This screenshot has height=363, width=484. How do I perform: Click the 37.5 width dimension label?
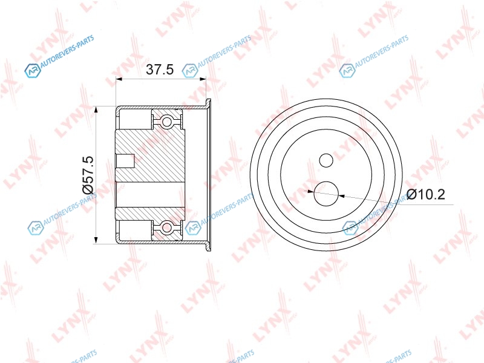pos(160,70)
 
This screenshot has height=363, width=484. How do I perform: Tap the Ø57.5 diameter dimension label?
pos(88,175)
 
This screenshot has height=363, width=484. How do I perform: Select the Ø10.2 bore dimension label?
pos(426,194)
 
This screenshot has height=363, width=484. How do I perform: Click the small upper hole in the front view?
pos(326,160)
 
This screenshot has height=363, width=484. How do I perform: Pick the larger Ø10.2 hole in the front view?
pos(326,194)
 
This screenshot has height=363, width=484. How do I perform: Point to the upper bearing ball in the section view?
pos(166,122)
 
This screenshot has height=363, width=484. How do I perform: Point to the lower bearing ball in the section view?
pos(166,228)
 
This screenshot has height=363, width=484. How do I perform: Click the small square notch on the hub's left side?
pos(125,160)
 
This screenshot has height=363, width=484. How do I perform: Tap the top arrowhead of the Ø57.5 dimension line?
pos(96,110)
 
